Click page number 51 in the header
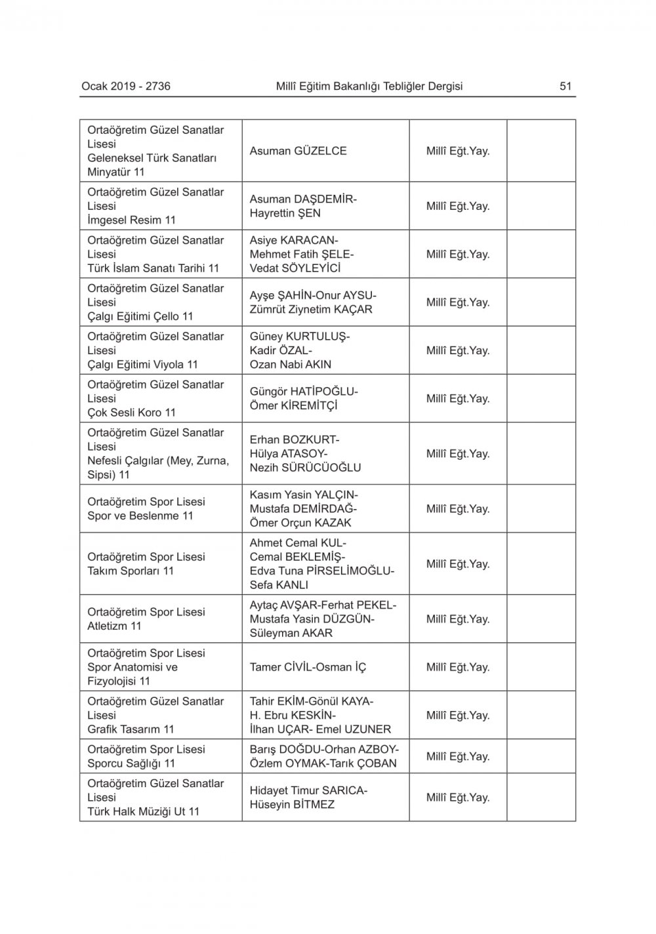[x=565, y=86]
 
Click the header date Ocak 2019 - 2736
[x=126, y=86]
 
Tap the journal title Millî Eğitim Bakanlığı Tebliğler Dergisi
[x=369, y=86]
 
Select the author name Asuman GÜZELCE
[x=298, y=151]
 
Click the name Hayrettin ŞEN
[x=285, y=213]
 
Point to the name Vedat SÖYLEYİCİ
[x=295, y=268]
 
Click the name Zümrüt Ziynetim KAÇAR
[x=311, y=310]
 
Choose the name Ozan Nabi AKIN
[x=290, y=365]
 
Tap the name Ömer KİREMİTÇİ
[x=293, y=406]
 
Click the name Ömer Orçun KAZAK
[x=300, y=523]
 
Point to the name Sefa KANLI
[x=278, y=585]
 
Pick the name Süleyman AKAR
[x=291, y=633]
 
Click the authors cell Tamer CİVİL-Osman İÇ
[x=308, y=667]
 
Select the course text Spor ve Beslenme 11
[x=140, y=516]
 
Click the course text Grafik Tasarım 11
[x=131, y=729]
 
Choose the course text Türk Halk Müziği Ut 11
[x=143, y=812]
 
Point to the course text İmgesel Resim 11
[x=131, y=220]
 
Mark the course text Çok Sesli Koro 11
[x=131, y=413]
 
